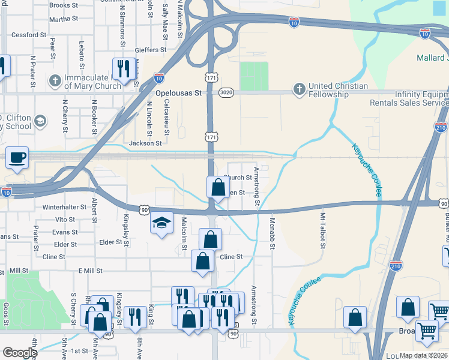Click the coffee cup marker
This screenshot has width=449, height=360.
(x=17, y=158)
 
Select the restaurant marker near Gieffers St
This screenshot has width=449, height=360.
(x=124, y=69)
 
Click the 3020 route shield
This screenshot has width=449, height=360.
(x=226, y=93)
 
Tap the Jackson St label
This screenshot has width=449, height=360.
(x=146, y=143)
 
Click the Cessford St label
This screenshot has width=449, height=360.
(x=29, y=35)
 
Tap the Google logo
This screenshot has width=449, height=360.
(x=20, y=353)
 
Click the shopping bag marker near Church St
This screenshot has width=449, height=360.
(x=217, y=187)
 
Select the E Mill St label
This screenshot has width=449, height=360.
(x=91, y=271)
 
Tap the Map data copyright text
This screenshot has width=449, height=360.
(x=424, y=355)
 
